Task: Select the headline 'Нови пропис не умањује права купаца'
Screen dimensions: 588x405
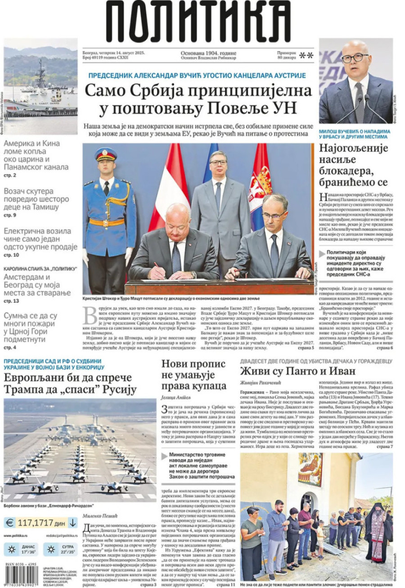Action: click(x=193, y=375)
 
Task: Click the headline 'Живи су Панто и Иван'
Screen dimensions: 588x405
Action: click(x=297, y=371)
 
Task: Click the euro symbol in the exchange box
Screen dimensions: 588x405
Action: click(x=9, y=523)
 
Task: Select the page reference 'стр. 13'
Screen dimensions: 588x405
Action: click(x=11, y=301)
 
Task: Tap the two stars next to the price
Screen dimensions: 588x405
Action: click(x=306, y=55)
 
